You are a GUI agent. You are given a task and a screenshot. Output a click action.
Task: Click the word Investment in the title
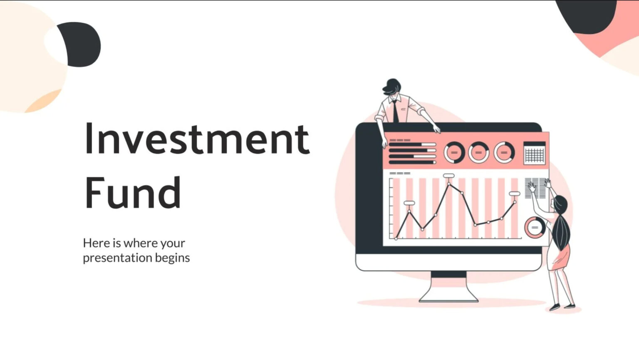[x=197, y=139]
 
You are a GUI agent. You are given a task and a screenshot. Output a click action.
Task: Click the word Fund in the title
[x=133, y=192]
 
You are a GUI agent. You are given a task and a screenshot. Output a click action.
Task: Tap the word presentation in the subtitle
[x=117, y=258]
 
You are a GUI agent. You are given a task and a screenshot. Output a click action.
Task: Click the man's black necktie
[x=395, y=112]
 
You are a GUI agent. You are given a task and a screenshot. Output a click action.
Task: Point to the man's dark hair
[x=392, y=85]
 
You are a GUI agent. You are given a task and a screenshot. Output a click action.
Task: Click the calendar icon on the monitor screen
[x=534, y=153]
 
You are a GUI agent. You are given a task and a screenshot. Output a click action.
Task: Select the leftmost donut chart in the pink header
[x=454, y=153]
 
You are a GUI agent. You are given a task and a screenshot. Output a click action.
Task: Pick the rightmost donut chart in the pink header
[x=504, y=153]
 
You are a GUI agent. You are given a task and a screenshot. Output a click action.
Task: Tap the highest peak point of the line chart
[x=449, y=184]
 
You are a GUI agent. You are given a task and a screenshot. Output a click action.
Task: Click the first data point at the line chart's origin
[x=396, y=238]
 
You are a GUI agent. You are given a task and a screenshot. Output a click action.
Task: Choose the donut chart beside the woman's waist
[x=535, y=228]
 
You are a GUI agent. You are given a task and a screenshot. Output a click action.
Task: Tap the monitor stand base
[x=448, y=296]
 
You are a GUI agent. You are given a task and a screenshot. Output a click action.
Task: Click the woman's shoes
[x=562, y=308]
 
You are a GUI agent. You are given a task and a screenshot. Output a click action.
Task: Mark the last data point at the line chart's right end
[x=515, y=202]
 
